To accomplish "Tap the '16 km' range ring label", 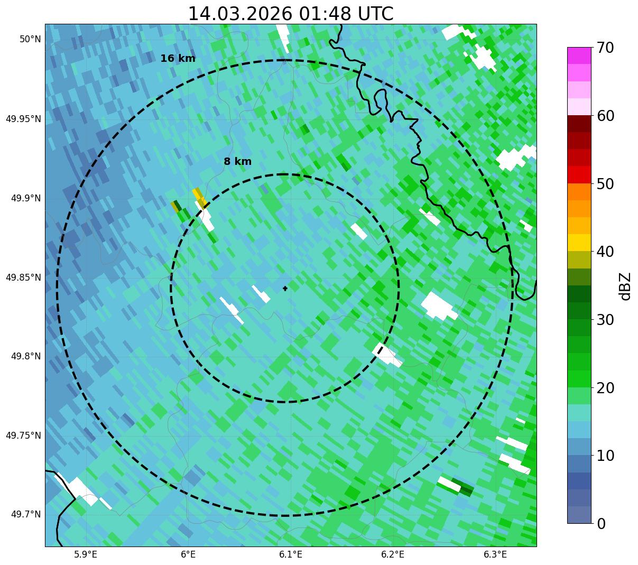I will (178, 59).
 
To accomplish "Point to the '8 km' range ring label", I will (237, 162).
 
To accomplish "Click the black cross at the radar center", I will (285, 288).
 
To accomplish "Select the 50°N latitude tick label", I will (30, 39).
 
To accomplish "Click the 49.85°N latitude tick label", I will (23, 277).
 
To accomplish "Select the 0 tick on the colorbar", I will (601, 524).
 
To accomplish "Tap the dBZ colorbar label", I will (625, 286).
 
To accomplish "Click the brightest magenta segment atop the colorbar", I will (578, 55).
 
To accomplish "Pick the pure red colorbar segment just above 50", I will (578, 174).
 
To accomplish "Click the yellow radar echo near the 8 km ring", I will (199, 197).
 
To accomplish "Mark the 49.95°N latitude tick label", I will (23, 119).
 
